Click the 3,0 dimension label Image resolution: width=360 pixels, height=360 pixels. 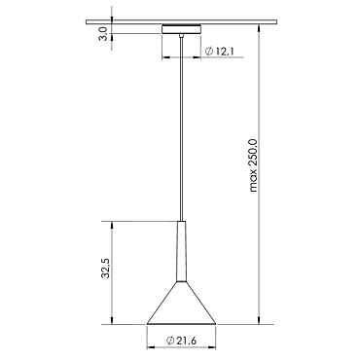pyautogui.click(x=103, y=34)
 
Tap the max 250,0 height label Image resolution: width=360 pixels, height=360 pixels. pyautogui.click(x=253, y=165)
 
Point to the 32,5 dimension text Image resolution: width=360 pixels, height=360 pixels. pyautogui.click(x=106, y=269)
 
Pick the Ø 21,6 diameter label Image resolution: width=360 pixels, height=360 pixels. pyautogui.click(x=181, y=341)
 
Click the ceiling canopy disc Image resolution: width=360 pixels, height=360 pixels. pyautogui.click(x=182, y=29)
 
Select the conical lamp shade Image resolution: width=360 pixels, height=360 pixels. pyautogui.click(x=181, y=303)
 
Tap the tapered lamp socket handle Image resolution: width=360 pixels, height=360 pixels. pyautogui.click(x=181, y=251)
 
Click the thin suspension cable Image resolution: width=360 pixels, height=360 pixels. pyautogui.click(x=182, y=129)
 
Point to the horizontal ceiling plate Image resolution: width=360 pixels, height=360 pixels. pyautogui.click(x=182, y=22)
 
